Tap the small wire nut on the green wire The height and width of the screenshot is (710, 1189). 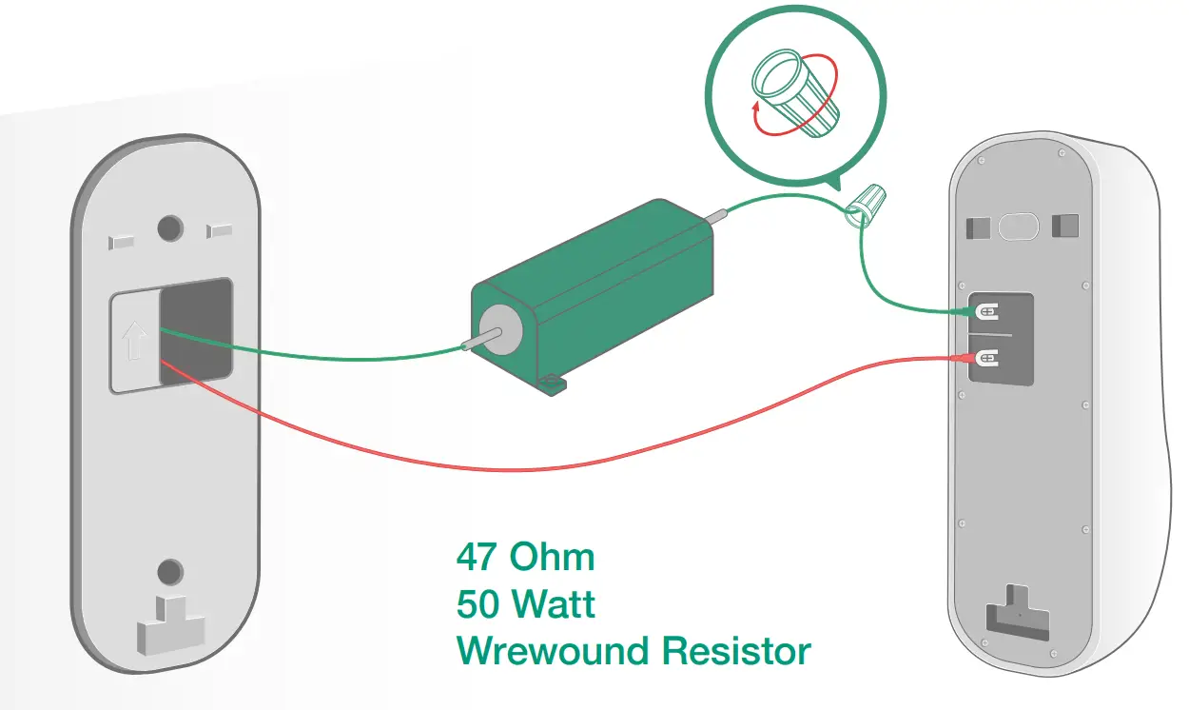[867, 204]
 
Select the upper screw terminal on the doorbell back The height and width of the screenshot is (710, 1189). [987, 311]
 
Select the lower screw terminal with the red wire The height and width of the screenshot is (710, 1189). [987, 358]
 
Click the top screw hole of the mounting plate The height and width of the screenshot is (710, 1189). [169, 227]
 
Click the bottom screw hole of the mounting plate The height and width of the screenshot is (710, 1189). [169, 572]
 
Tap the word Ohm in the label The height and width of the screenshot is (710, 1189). [553, 557]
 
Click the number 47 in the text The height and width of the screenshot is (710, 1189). [478, 557]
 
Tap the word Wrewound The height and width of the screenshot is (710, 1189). [553, 652]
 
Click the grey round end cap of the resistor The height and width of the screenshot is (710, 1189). [499, 330]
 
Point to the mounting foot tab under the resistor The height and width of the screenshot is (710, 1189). [554, 385]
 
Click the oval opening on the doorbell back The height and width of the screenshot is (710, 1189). [1018, 227]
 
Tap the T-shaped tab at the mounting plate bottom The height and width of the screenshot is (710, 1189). [172, 623]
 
